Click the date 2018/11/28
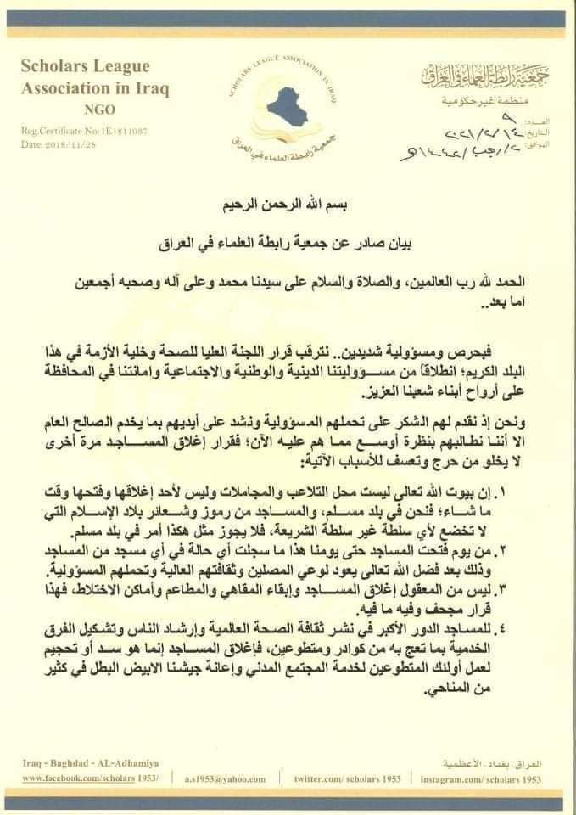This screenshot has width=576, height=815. tap(67, 144)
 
